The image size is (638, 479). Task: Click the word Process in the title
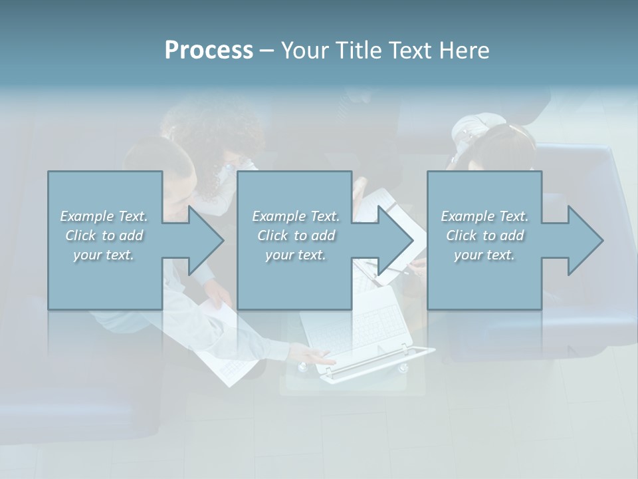coord(209,50)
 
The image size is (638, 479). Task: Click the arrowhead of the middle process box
coord(395,240)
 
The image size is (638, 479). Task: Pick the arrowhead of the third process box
coord(585,240)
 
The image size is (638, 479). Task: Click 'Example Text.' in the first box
coord(104,216)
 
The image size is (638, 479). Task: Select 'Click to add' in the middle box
coord(296,236)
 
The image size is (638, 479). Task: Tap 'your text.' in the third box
coord(484,255)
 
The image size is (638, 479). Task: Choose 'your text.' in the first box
coord(104,255)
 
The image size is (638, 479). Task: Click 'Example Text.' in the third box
coord(484,216)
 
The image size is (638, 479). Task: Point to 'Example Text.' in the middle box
coord(296,216)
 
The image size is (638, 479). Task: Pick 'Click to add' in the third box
coord(484,236)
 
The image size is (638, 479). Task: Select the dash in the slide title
coord(266,51)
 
